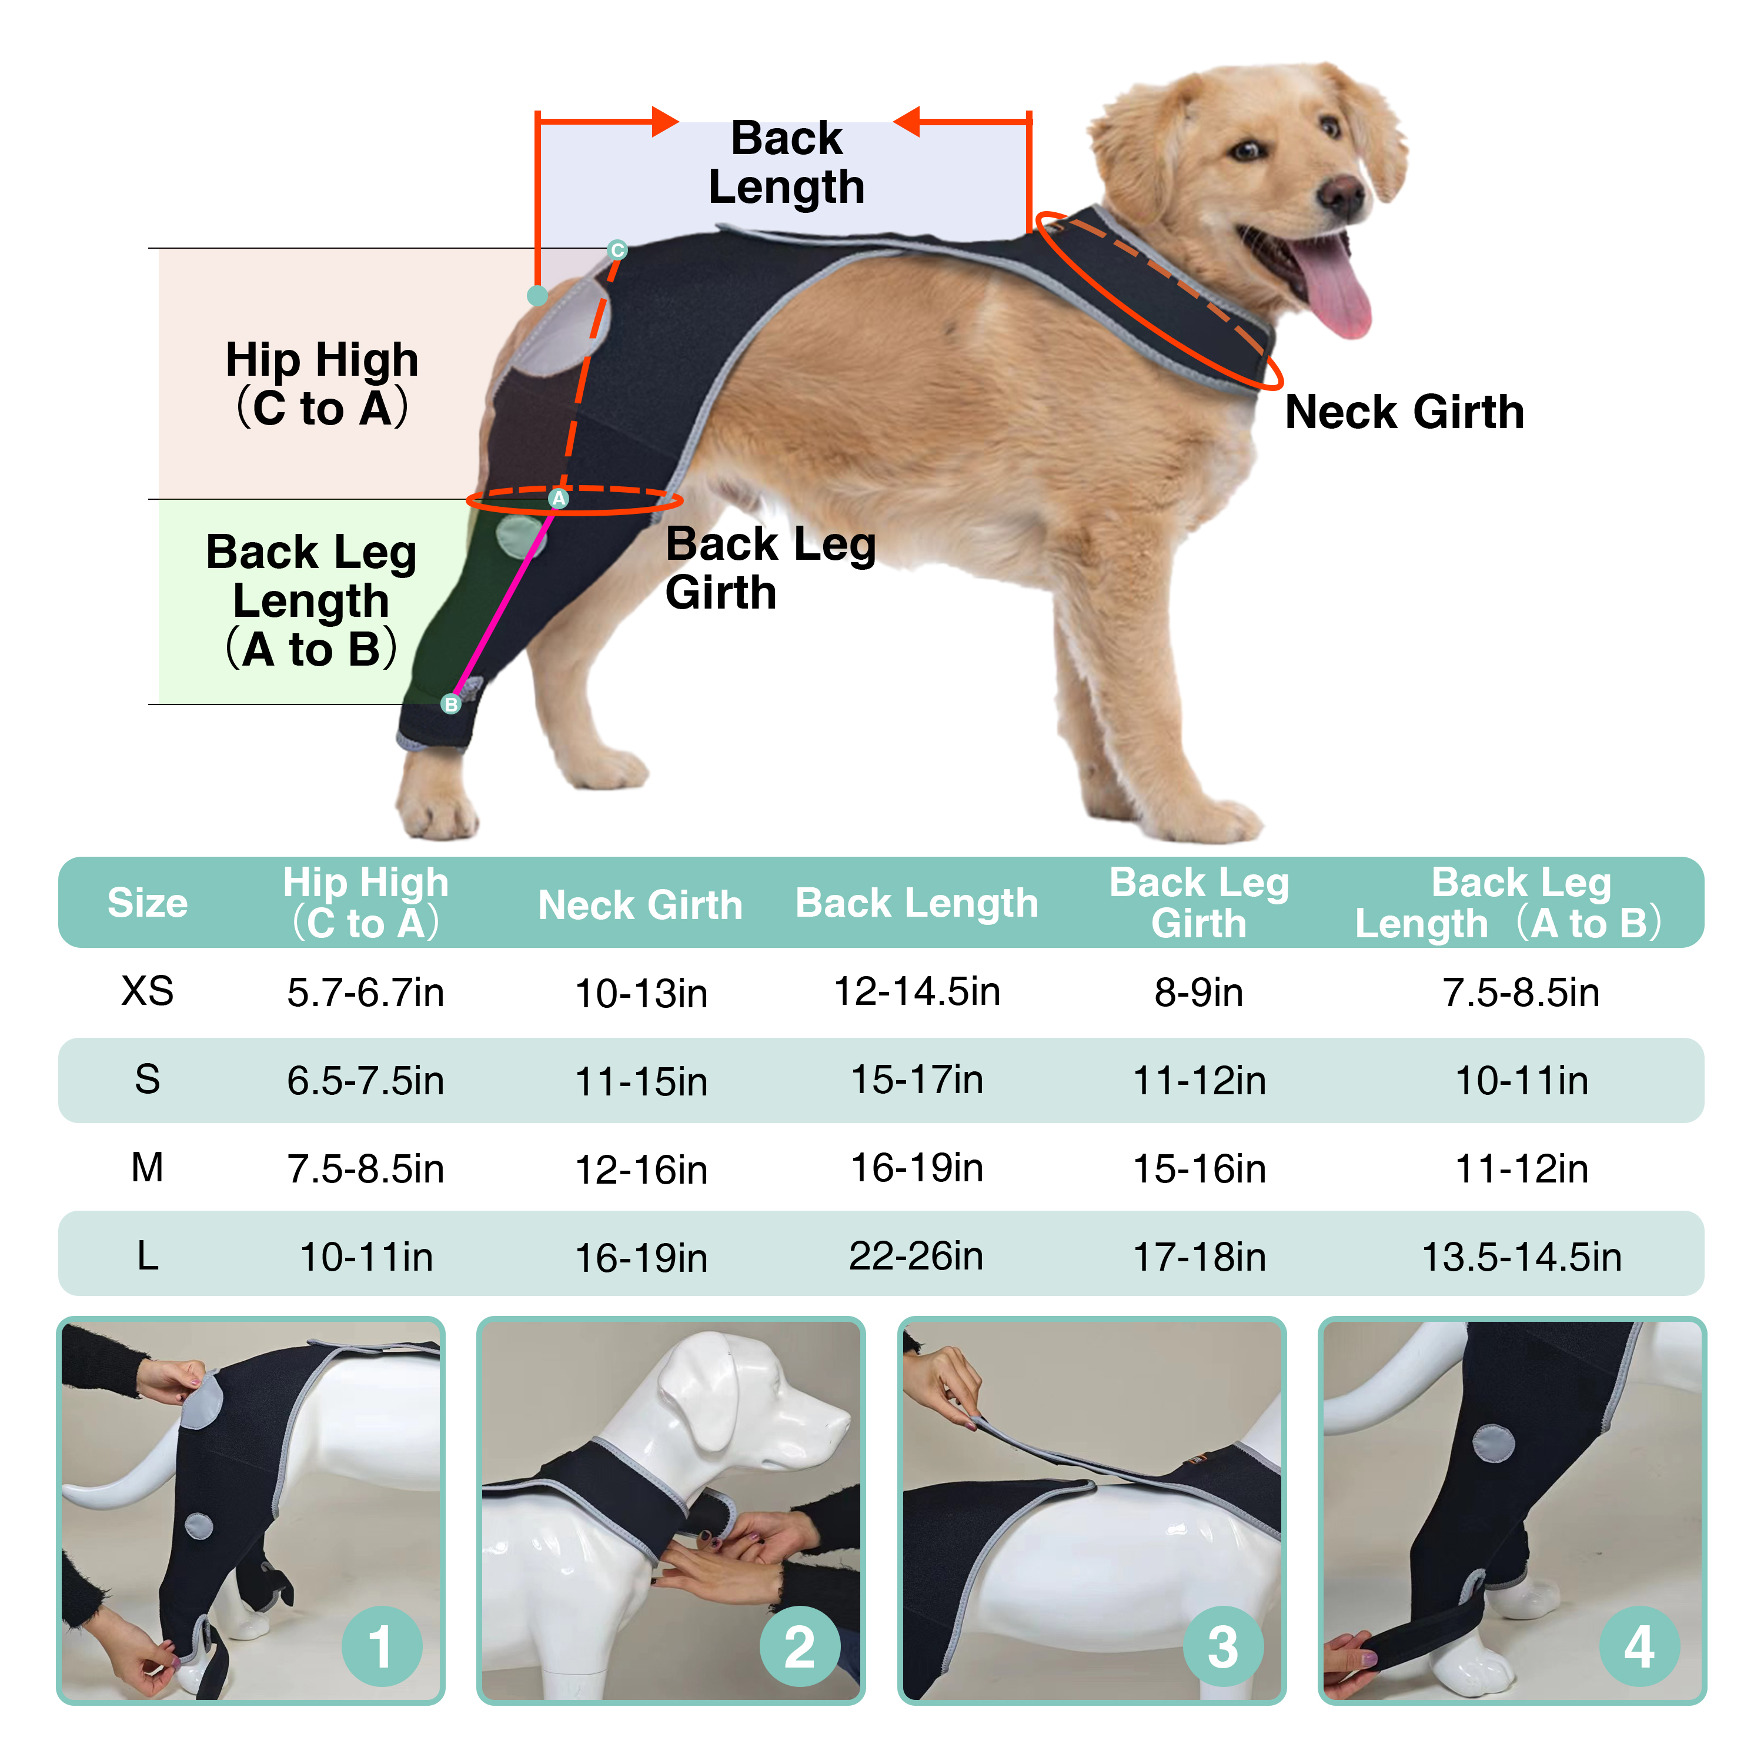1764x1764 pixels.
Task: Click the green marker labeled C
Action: pyautogui.click(x=617, y=250)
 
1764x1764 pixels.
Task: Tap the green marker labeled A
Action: pyautogui.click(x=558, y=499)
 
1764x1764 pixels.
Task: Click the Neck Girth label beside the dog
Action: pyautogui.click(x=1404, y=412)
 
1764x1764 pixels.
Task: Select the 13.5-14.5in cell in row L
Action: pyautogui.click(x=1521, y=1257)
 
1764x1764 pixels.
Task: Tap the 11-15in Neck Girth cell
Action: pyautogui.click(x=641, y=1081)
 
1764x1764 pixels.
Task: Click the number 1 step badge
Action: pyautogui.click(x=381, y=1646)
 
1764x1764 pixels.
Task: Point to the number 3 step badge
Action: pyautogui.click(x=1222, y=1646)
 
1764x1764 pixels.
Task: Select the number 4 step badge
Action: pyautogui.click(x=1639, y=1646)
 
